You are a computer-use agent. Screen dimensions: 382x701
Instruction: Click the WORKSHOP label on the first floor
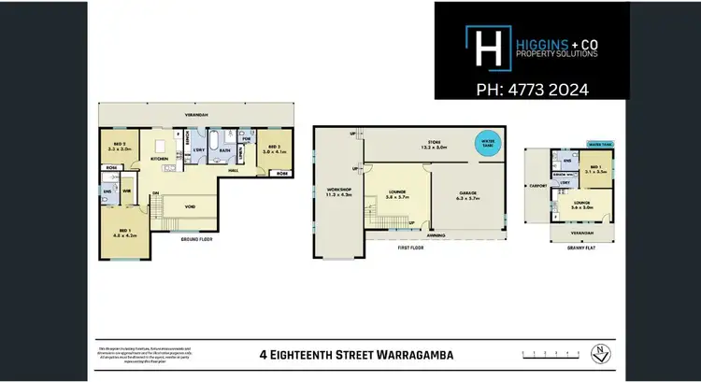coord(337,192)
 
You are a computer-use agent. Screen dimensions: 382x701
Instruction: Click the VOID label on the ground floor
coord(190,206)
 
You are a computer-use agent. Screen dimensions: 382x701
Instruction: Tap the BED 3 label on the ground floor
coord(275,147)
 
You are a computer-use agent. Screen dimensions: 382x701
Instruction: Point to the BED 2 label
coord(117,147)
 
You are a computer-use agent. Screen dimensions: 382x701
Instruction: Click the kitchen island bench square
coord(162,146)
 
